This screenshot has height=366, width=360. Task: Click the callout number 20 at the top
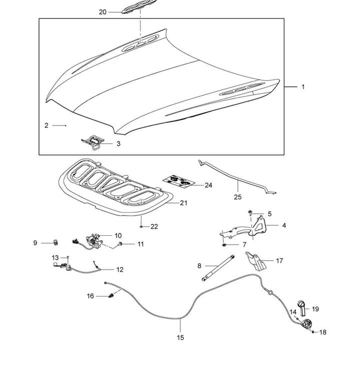[x=102, y=12]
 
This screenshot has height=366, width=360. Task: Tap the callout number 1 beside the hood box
[x=303, y=87]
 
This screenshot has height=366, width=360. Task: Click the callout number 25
[x=237, y=197]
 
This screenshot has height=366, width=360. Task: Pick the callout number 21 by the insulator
[x=183, y=203]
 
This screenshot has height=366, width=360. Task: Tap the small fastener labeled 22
[x=142, y=227]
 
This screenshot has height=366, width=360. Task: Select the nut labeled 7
[x=224, y=245]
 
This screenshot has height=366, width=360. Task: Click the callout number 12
[x=120, y=270]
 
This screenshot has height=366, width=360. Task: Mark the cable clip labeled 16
[x=111, y=297]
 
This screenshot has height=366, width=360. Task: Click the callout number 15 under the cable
[x=180, y=338]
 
